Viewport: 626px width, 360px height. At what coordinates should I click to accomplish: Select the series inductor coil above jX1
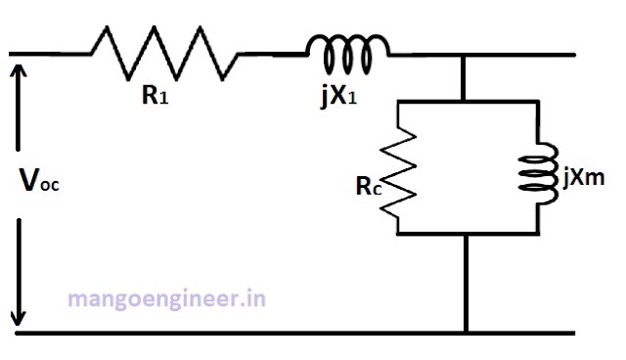pyautogui.click(x=347, y=46)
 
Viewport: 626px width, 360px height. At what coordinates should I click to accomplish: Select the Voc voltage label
pyautogui.click(x=40, y=181)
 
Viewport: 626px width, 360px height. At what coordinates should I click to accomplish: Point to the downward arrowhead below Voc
pyautogui.click(x=18, y=317)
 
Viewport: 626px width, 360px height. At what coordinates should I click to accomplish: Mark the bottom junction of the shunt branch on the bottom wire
pyautogui.click(x=465, y=333)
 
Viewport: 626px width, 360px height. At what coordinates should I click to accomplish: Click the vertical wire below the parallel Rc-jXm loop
pyautogui.click(x=465, y=284)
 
